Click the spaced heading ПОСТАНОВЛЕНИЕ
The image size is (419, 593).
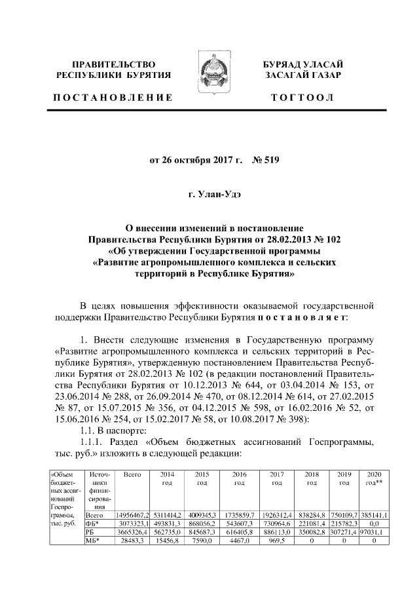[112, 98]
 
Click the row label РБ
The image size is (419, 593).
[83, 534]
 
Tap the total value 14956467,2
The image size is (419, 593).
[133, 516]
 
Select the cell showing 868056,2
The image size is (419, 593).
[202, 525]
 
